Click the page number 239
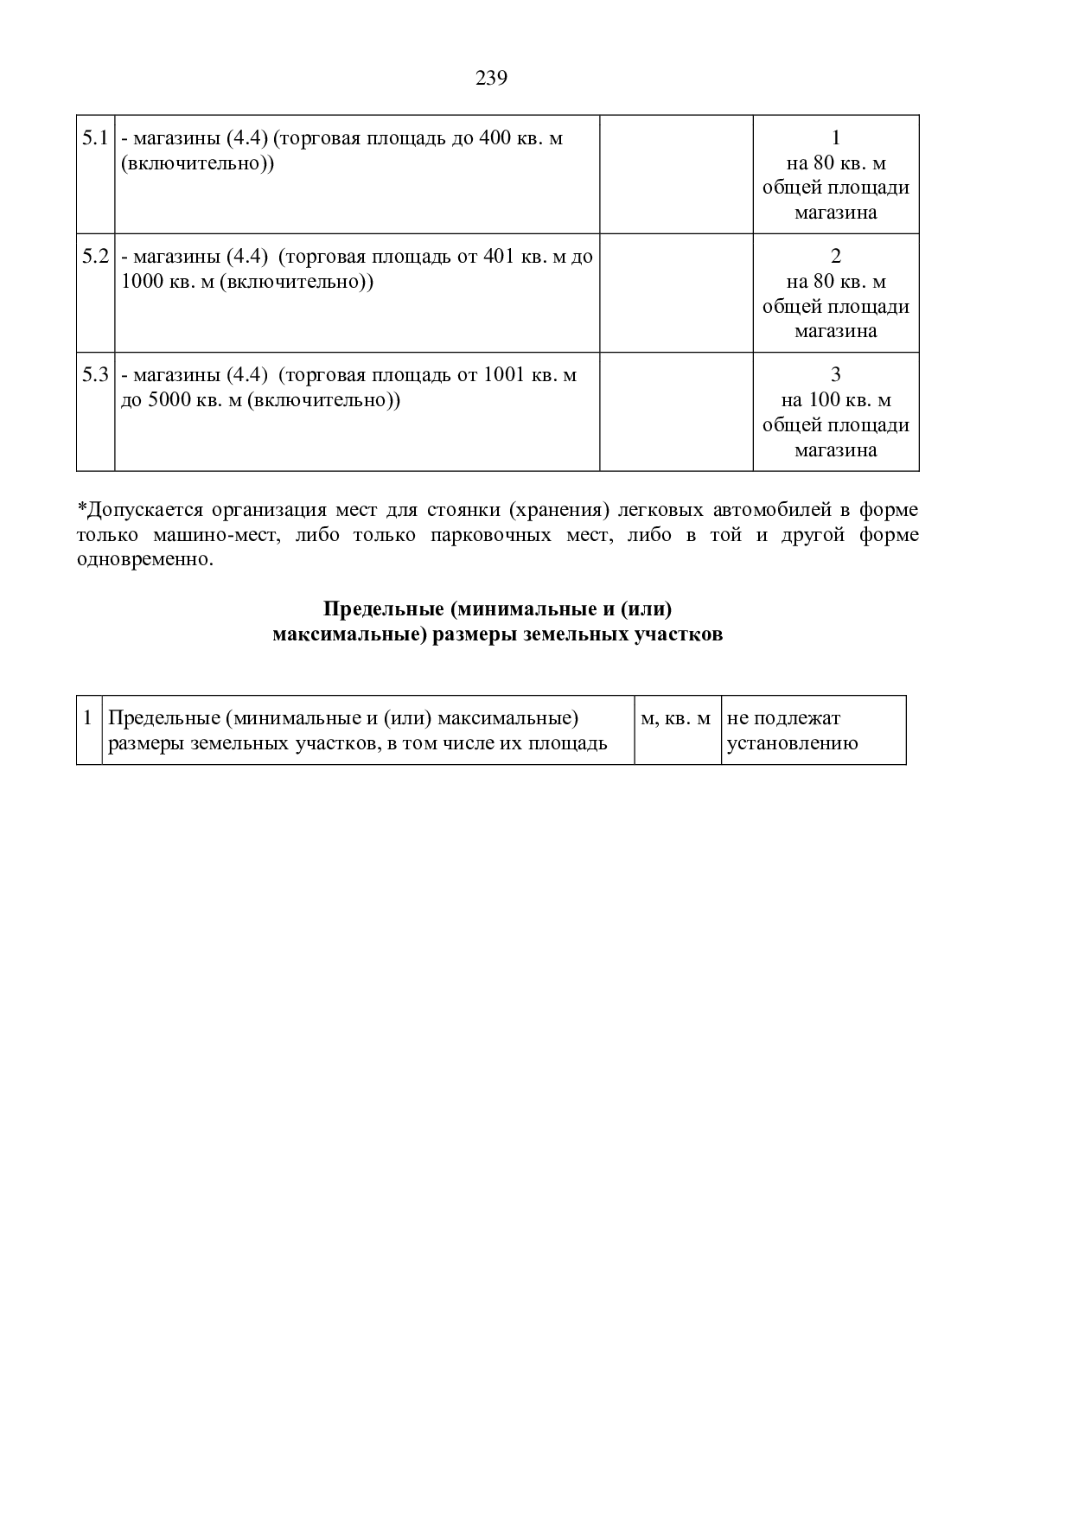(x=491, y=79)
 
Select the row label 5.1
(x=95, y=138)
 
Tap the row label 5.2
(x=95, y=257)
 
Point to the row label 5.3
(x=95, y=375)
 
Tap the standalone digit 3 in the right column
(x=835, y=375)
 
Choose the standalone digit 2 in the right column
(x=835, y=257)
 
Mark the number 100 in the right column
(x=823, y=400)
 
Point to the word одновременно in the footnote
(x=144, y=559)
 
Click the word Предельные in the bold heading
(x=383, y=609)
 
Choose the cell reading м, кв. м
(x=676, y=719)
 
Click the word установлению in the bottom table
(x=793, y=743)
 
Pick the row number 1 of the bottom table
(x=88, y=718)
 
